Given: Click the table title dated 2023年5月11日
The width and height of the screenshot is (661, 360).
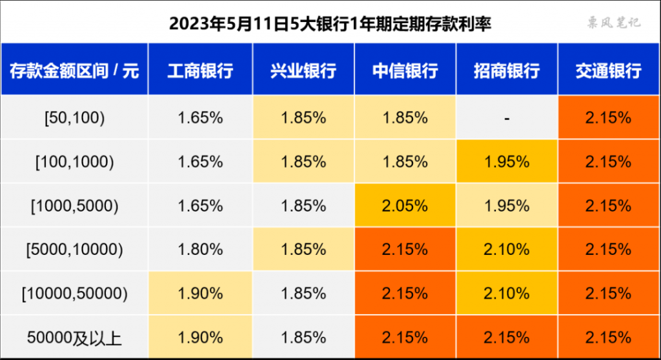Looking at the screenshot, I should click(x=330, y=25).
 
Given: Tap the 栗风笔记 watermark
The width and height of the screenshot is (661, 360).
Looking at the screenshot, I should click(x=613, y=23).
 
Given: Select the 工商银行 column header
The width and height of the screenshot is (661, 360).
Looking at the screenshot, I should click(x=200, y=70).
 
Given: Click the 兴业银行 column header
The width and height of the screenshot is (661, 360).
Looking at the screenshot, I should click(x=303, y=70).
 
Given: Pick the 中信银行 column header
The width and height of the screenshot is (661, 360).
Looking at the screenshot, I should click(x=405, y=70).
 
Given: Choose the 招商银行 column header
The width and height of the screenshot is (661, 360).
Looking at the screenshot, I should click(x=507, y=70).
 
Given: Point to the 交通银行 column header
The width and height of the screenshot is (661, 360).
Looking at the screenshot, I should click(x=608, y=70).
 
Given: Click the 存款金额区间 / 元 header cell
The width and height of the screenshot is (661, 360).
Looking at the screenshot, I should click(x=74, y=70).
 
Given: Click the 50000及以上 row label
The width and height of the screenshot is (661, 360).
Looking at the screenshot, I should click(x=74, y=337).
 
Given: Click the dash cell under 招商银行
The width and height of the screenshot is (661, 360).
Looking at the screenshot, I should click(x=507, y=118).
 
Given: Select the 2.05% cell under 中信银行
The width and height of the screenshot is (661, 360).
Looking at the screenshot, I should click(x=405, y=206).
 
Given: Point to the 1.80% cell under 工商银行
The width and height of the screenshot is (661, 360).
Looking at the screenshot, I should click(x=200, y=250).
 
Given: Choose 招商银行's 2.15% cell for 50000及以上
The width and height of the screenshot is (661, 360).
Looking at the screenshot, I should click(x=507, y=337).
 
